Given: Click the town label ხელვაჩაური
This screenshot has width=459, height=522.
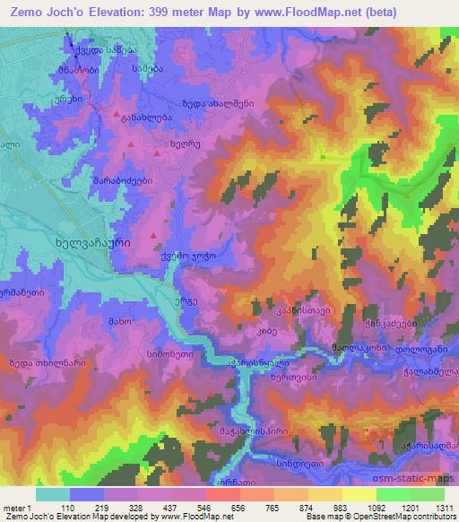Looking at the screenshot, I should pyautogui.click(x=93, y=241).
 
